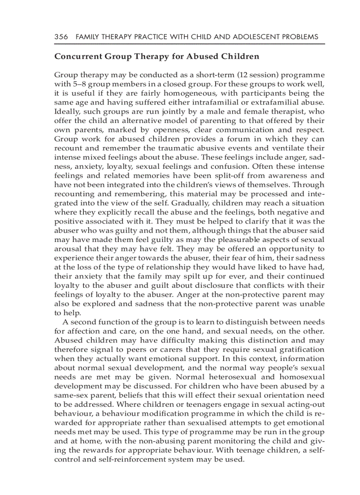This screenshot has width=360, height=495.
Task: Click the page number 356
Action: [x=61, y=37]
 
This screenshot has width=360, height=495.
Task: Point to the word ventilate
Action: [x=293, y=148]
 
